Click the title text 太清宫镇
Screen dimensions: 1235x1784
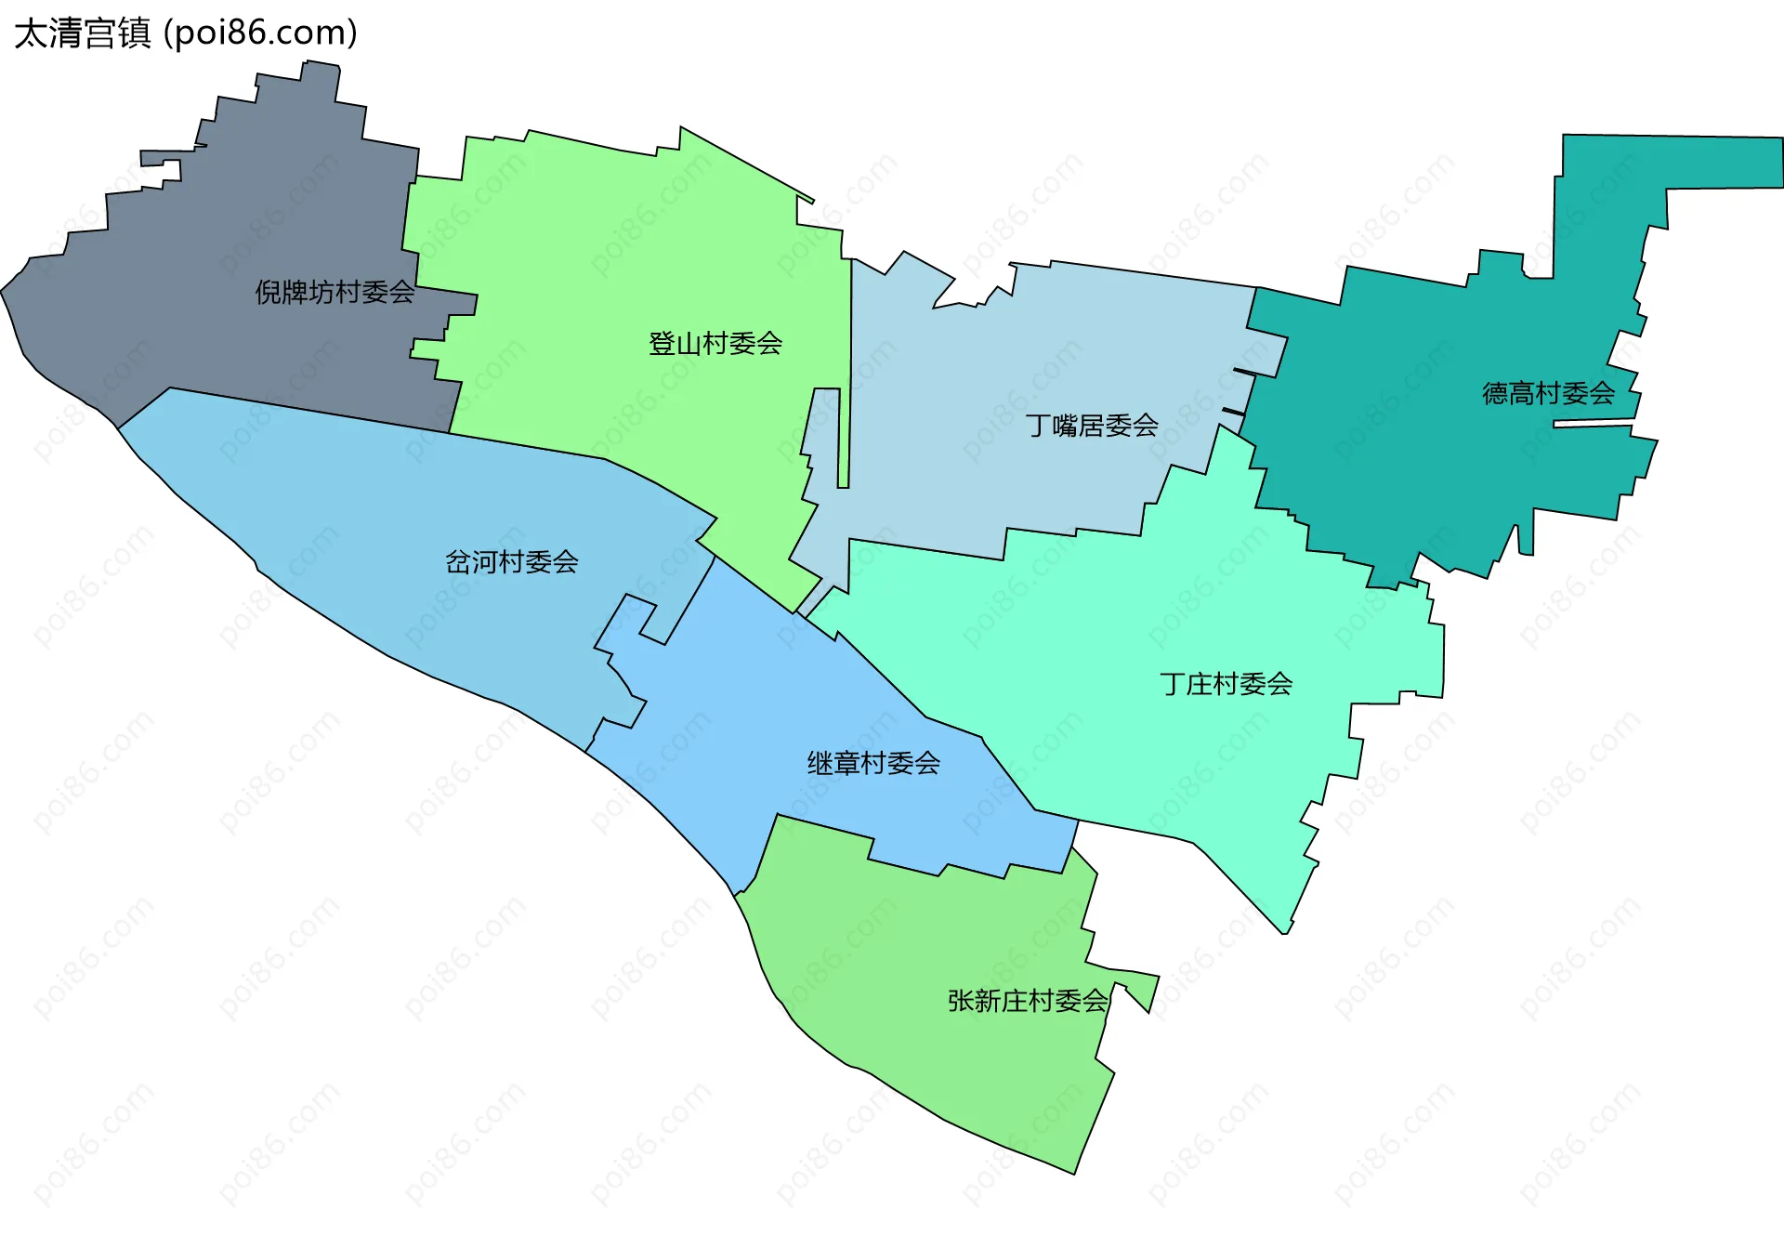(x=82, y=33)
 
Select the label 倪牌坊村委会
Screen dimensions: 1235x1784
(x=334, y=293)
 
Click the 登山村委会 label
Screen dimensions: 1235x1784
(x=715, y=344)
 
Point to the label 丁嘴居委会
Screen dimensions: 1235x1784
(x=1091, y=426)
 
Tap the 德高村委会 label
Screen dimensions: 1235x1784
(x=1548, y=393)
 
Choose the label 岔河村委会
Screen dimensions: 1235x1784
(x=511, y=562)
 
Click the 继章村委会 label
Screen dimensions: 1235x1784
(x=872, y=764)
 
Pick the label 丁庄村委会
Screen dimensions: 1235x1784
(x=1226, y=685)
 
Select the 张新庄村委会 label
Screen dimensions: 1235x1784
(x=1027, y=1001)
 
